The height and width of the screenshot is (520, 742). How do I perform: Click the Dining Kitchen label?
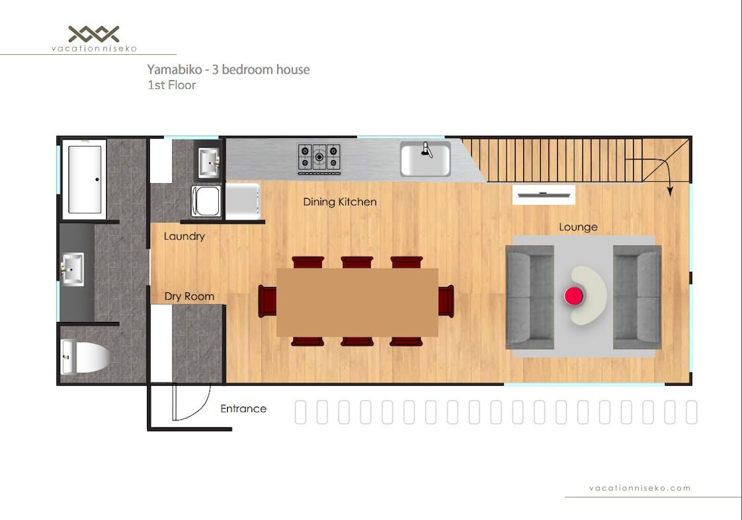coord(340,202)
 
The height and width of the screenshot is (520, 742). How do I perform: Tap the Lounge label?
coord(578,227)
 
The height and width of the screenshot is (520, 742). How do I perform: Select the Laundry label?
coord(184,237)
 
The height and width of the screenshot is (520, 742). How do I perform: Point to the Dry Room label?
coord(189,296)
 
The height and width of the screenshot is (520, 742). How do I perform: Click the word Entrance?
coord(243,408)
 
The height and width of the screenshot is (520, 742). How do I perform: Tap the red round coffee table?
coord(574,296)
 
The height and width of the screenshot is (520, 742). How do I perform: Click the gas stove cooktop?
coord(319,158)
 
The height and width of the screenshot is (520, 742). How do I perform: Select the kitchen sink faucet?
coord(427,150)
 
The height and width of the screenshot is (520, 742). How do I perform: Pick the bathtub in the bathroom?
coord(85,180)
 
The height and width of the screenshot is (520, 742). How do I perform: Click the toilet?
coord(85,356)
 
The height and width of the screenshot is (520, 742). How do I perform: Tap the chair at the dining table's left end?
coord(267,301)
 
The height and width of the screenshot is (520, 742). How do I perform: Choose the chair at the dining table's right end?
coord(446,301)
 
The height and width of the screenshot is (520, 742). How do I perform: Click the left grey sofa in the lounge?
coord(530,297)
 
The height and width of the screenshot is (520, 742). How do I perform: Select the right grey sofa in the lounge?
coord(637,297)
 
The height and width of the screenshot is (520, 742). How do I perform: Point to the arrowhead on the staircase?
coord(670,191)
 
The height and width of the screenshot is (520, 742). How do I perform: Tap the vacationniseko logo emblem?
coord(93,34)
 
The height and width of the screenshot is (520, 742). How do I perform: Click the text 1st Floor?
coord(171,85)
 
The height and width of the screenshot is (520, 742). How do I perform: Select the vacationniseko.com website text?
coord(640,488)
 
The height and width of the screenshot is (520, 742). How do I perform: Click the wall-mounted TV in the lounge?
coord(544,194)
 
